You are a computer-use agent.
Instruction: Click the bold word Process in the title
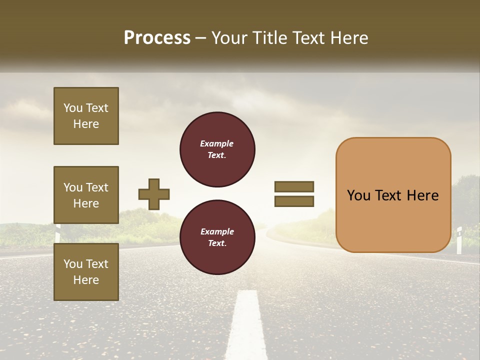click(x=157, y=38)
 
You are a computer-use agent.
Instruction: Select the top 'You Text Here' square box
click(x=86, y=116)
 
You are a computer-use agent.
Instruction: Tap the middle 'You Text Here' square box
click(x=86, y=195)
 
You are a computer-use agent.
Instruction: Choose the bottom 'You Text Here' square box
click(x=86, y=272)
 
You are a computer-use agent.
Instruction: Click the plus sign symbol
click(x=153, y=194)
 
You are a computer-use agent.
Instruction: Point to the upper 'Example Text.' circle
click(x=217, y=149)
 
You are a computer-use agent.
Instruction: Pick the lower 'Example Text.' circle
click(x=217, y=237)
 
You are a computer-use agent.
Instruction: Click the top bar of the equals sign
click(x=294, y=186)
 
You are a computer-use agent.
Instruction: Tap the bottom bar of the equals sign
click(x=294, y=201)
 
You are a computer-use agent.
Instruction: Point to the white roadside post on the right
click(x=459, y=240)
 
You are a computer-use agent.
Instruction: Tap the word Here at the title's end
click(x=348, y=38)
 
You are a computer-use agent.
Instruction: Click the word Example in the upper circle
click(x=217, y=143)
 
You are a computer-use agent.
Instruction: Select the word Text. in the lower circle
click(x=217, y=243)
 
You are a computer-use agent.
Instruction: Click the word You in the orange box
click(x=358, y=195)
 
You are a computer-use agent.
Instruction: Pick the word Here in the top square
click(x=86, y=124)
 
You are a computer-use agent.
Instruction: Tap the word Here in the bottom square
click(x=86, y=280)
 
